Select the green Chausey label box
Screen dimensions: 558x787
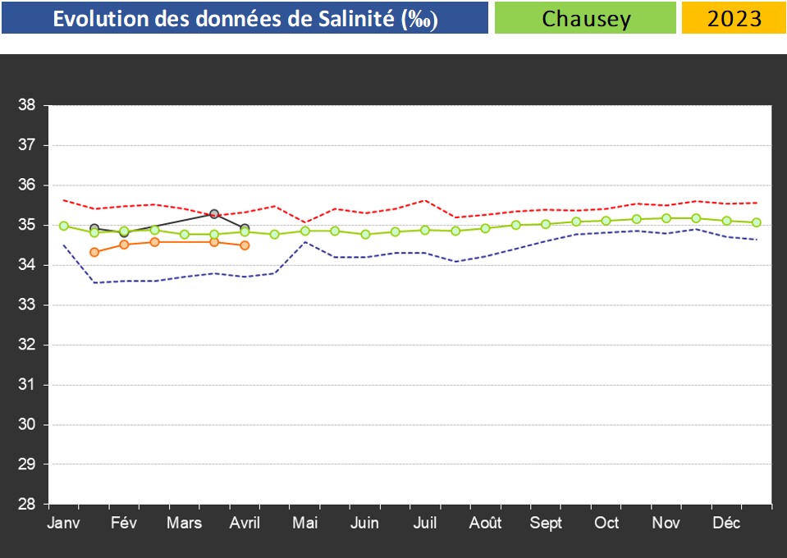[585, 18]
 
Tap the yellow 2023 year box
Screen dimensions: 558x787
[734, 18]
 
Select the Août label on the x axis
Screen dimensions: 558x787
[485, 524]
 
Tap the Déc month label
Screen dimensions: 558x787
[726, 524]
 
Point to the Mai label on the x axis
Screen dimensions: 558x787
[305, 524]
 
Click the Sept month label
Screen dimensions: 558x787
[546, 524]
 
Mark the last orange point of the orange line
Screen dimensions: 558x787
[245, 245]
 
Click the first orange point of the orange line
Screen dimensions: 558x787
[94, 252]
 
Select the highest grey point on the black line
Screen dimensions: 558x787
[214, 214]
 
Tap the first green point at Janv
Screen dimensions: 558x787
[64, 226]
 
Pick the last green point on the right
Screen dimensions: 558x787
[757, 222]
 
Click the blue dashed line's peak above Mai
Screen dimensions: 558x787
[305, 242]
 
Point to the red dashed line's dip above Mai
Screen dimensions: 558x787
[305, 222]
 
